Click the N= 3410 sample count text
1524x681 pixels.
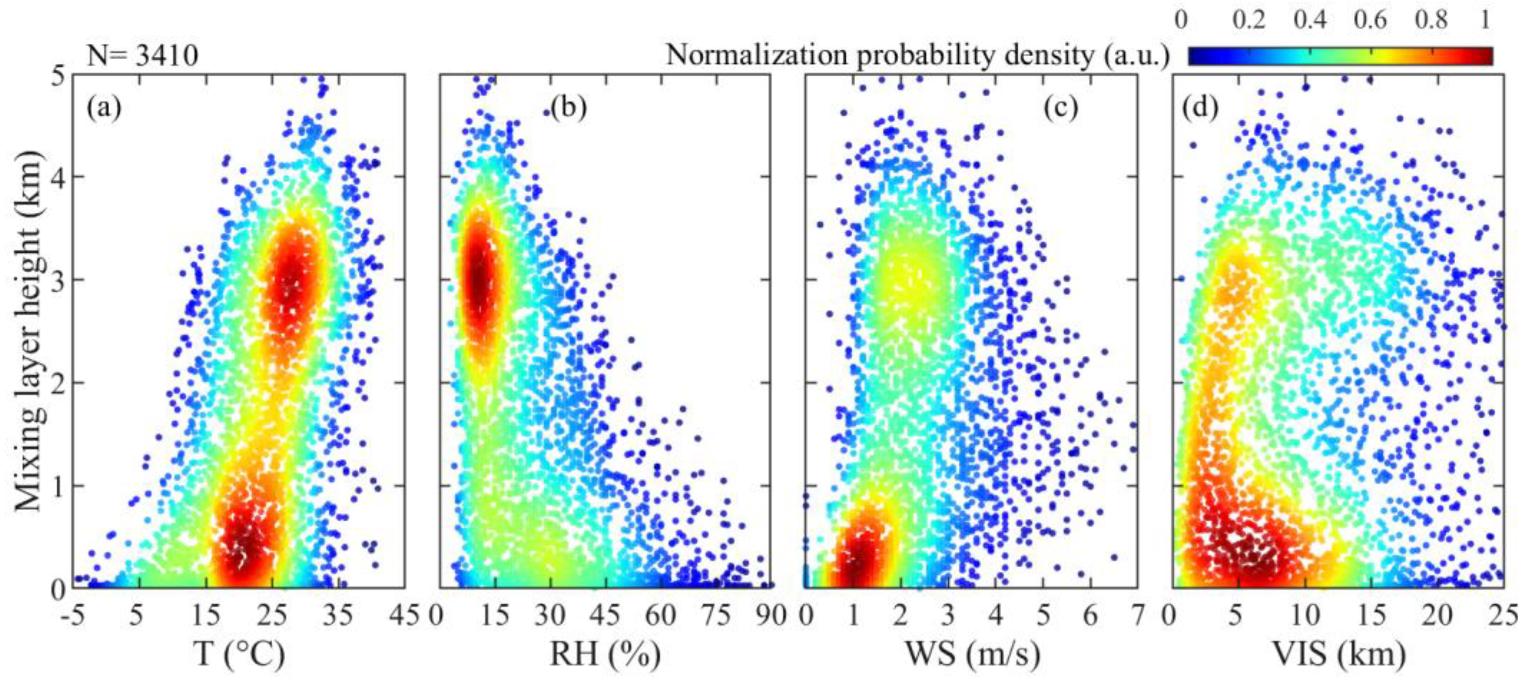coord(142,56)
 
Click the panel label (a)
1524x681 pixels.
coord(104,108)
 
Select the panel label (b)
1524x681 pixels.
coord(568,108)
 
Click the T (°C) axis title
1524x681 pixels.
coord(239,654)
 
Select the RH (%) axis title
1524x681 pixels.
coord(605,654)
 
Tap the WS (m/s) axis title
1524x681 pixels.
coord(972,654)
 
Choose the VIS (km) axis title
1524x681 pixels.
coord(1338,654)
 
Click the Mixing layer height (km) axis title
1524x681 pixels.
coord(30,331)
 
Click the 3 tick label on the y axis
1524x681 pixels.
coord(59,280)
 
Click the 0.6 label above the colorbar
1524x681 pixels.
coord(1370,21)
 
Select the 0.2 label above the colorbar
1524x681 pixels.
coord(1249,21)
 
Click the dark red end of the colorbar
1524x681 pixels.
coord(1482,56)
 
